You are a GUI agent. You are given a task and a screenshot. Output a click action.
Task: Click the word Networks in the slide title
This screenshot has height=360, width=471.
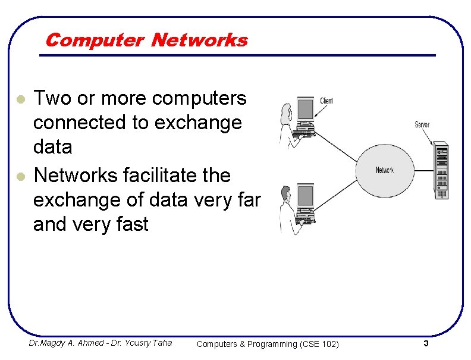click(199, 40)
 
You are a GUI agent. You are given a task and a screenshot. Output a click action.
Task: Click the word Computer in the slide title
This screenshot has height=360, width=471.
click(94, 40)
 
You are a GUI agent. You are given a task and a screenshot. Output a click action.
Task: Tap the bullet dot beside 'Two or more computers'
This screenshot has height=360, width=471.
click(20, 98)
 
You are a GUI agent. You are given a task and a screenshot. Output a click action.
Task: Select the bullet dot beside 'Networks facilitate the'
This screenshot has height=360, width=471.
click(20, 176)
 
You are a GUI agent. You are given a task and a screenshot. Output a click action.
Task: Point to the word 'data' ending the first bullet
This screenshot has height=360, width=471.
click(53, 146)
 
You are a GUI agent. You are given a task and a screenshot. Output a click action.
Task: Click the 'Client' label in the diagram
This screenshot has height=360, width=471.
click(326, 101)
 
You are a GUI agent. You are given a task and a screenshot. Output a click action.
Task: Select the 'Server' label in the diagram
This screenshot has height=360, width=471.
click(423, 125)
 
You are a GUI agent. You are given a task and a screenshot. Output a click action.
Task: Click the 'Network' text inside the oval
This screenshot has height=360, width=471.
click(385, 170)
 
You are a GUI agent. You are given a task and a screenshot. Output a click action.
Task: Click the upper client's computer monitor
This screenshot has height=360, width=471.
click(305, 109)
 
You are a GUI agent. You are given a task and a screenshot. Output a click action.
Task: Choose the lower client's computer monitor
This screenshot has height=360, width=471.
click(305, 196)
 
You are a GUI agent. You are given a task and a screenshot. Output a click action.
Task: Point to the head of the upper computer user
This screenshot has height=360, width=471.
click(285, 110)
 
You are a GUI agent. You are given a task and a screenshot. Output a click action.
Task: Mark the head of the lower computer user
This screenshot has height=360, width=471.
click(285, 192)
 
